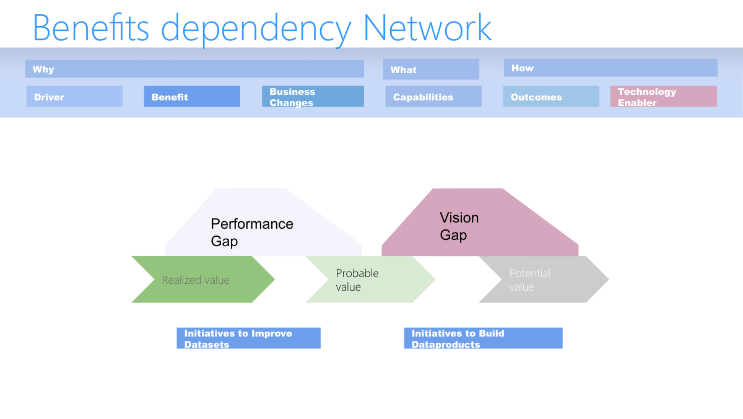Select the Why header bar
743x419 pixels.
point(194,69)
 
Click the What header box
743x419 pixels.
point(431,69)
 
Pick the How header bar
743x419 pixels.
point(610,68)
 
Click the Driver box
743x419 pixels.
point(74,97)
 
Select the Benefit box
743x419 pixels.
point(192,97)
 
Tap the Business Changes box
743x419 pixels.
point(313,97)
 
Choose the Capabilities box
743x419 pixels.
point(433,97)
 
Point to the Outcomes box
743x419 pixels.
point(551,97)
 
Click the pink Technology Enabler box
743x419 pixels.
point(664,97)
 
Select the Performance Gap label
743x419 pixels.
point(252,232)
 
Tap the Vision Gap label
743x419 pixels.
point(459,226)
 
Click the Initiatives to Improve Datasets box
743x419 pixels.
point(248,338)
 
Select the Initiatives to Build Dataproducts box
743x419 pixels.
point(483,338)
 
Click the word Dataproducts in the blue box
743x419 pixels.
point(446,345)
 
